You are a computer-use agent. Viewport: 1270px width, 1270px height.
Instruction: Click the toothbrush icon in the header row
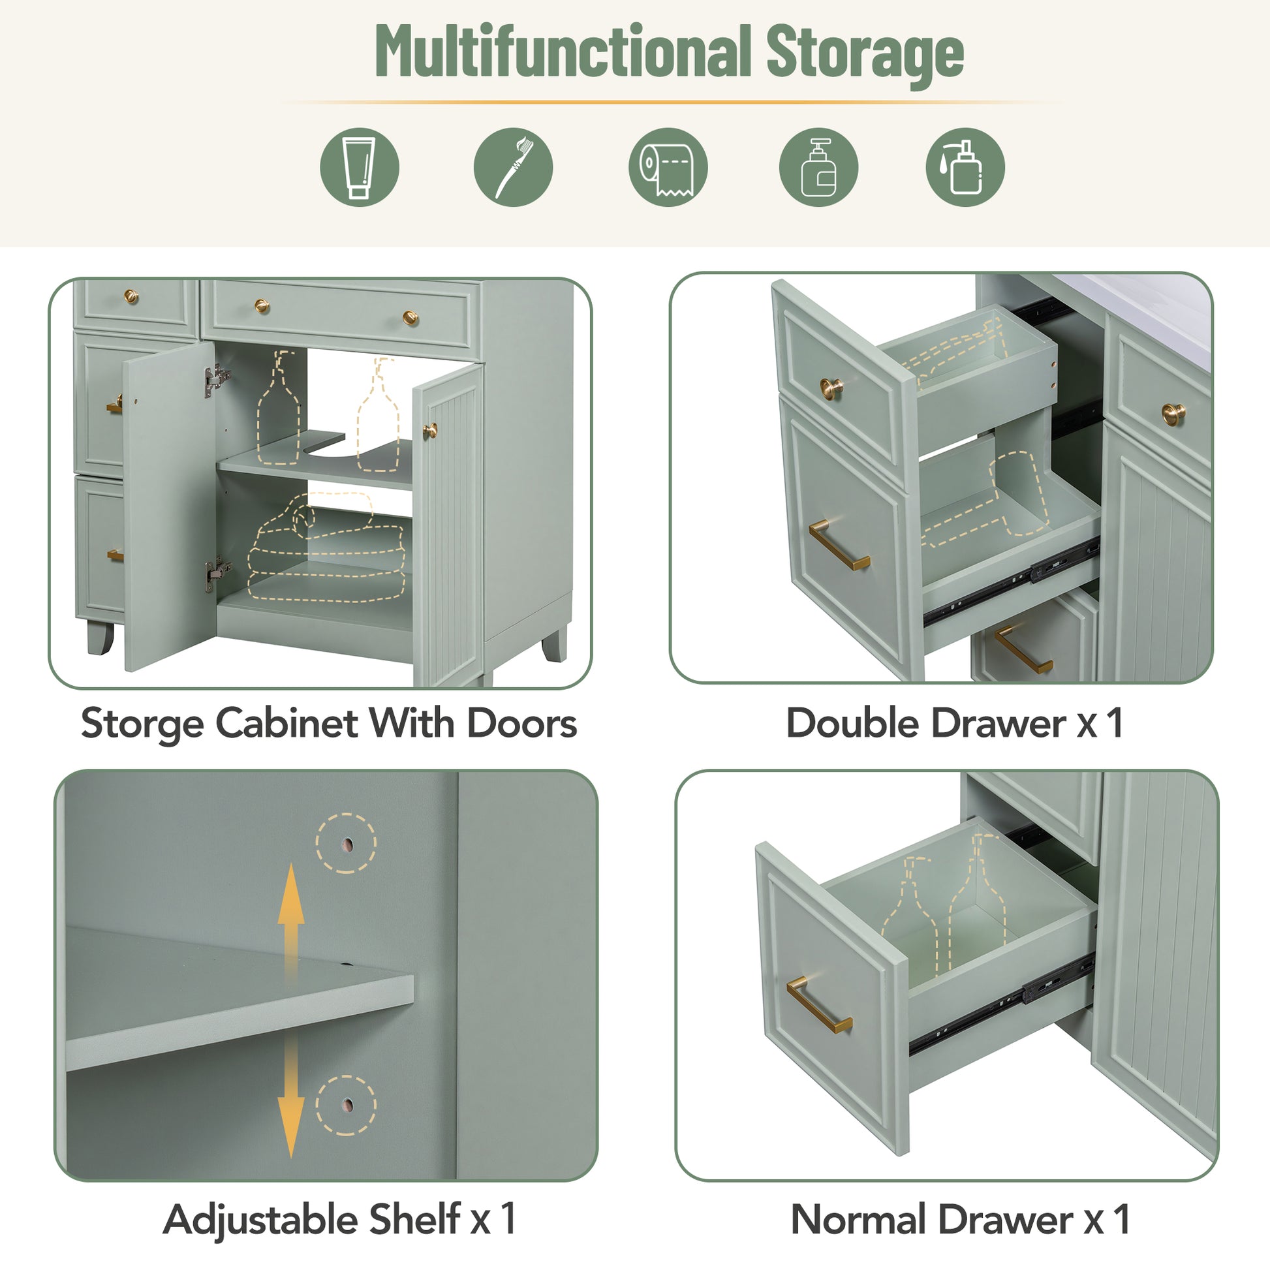tap(513, 167)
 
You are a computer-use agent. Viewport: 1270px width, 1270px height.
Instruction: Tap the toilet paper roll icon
tap(668, 167)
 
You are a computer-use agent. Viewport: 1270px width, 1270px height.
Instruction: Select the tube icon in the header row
tap(359, 167)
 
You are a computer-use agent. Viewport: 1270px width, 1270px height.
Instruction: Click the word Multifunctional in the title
tap(563, 52)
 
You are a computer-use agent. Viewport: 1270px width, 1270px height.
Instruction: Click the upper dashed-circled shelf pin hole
tap(347, 844)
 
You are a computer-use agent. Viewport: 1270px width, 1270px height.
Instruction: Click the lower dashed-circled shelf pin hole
tap(347, 1106)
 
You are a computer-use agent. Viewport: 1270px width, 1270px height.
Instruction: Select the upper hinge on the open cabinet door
tap(217, 380)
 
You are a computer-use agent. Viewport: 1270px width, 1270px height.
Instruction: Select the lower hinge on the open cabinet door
tap(215, 573)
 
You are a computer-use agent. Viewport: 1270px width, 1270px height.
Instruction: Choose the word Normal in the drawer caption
tap(858, 1220)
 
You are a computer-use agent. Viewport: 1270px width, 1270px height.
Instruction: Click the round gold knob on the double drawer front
tap(831, 388)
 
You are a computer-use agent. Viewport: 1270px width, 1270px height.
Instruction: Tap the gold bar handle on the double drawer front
tap(839, 544)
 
